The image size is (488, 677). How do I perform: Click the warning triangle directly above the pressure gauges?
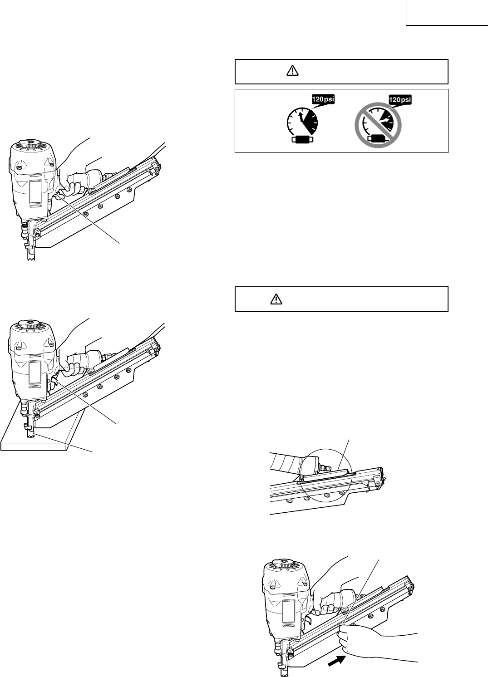292,71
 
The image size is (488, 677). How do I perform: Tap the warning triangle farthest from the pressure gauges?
276,299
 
